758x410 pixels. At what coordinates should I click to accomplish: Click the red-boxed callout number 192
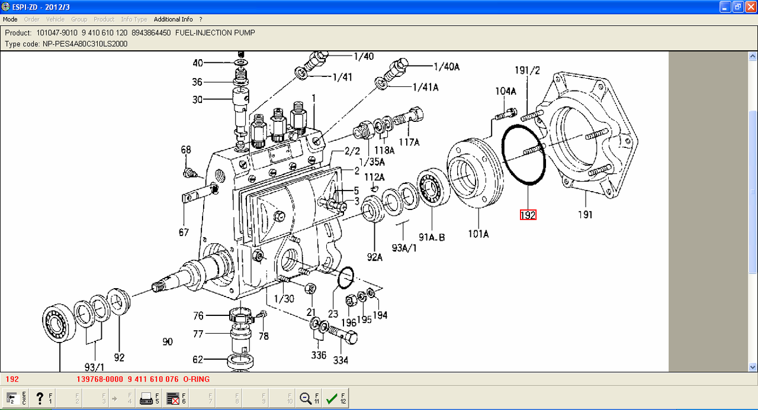(x=528, y=215)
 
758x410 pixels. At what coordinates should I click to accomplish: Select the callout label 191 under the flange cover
(x=585, y=215)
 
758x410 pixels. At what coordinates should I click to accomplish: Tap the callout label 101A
(x=478, y=234)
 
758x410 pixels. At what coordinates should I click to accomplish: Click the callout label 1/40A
(x=447, y=67)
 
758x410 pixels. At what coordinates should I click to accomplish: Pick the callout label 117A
(x=409, y=142)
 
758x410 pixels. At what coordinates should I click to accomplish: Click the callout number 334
(x=341, y=360)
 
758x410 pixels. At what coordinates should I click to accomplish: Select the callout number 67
(x=184, y=233)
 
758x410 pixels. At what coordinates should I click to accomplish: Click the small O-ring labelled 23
(x=345, y=277)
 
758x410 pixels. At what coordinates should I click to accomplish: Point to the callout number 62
(x=197, y=359)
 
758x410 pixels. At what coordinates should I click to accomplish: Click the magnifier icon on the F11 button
(x=306, y=399)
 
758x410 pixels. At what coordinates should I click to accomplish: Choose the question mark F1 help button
(x=40, y=399)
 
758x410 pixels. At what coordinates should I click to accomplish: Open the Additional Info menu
(x=174, y=20)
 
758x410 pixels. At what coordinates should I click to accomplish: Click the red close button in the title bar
(x=750, y=7)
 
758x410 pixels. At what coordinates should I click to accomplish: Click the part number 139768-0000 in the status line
(x=100, y=379)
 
